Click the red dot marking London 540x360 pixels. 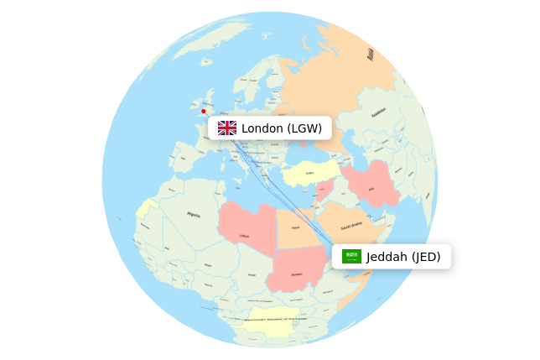[203, 111]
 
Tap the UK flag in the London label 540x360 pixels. [227, 128]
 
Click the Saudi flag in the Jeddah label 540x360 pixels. [351, 257]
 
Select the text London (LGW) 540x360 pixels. [282, 128]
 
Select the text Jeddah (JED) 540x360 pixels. [403, 257]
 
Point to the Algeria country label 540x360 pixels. [194, 215]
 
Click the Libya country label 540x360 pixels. [244, 236]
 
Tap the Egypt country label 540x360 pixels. [295, 227]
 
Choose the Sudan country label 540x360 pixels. [296, 274]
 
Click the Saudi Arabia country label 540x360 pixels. [351, 226]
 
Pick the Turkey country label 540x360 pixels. [309, 174]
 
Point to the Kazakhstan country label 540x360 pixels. [379, 112]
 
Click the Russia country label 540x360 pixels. [370, 55]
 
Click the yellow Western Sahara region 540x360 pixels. [148, 208]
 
